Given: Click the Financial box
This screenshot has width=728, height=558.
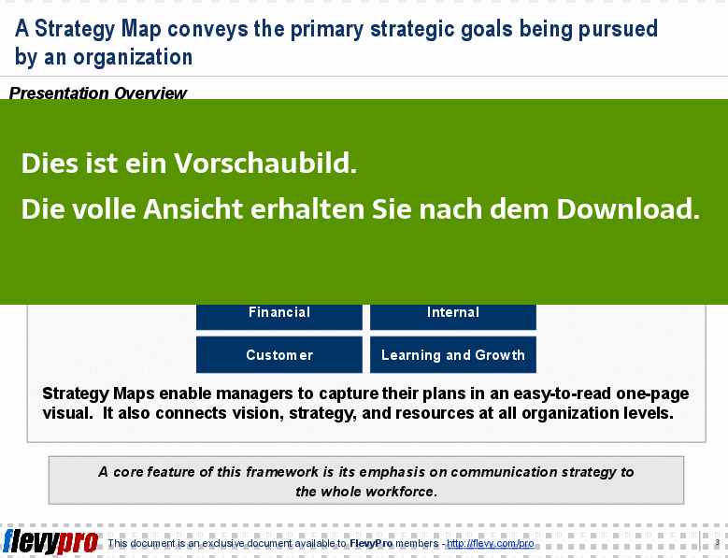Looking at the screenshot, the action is point(279,317).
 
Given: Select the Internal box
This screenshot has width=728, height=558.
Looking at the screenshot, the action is point(452,317).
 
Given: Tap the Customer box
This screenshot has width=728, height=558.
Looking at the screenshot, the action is point(279,354).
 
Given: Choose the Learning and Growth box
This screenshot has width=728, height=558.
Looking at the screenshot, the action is point(452,354).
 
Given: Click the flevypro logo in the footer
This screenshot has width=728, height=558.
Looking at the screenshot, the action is point(50,542).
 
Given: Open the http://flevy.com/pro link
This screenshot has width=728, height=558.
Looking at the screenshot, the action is point(491,543).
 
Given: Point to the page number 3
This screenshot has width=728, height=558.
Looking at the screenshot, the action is point(718,542).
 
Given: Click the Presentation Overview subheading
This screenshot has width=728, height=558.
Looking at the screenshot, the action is point(98,93).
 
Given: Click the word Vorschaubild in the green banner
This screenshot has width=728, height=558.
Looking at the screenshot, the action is point(265,164).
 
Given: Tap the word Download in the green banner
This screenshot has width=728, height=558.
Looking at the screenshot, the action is point(628,209).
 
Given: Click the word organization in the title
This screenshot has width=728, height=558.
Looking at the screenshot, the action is point(133,57).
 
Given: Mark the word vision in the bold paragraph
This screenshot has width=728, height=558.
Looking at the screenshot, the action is point(258,413).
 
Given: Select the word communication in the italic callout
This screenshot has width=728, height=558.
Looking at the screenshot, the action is point(504,472).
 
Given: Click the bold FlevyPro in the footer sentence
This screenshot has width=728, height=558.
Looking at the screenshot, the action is point(371,543).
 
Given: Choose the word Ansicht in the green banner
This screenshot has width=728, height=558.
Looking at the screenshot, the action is point(193,209).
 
